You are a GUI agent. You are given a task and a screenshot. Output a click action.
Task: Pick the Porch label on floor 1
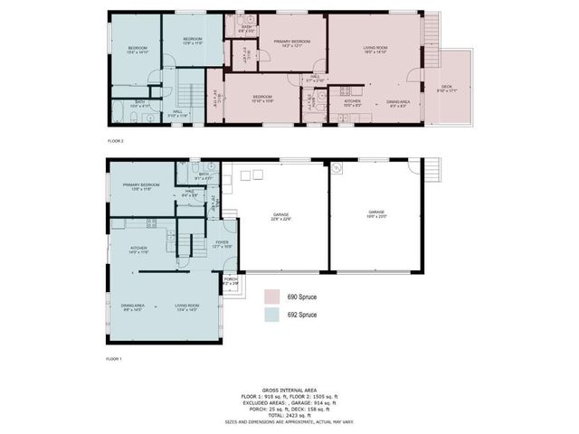(231, 279)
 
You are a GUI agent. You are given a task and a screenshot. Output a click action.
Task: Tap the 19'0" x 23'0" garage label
(376, 213)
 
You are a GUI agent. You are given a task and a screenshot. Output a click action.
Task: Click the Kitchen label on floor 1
(138, 250)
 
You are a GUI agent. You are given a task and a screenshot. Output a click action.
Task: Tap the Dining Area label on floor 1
(133, 307)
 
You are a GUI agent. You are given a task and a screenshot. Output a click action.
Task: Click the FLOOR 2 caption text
(115, 142)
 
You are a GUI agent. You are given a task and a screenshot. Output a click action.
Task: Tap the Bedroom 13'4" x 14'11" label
(138, 49)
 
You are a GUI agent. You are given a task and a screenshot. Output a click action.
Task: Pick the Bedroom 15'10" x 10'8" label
(262, 98)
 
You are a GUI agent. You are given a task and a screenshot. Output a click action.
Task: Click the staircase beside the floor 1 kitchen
(187, 242)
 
